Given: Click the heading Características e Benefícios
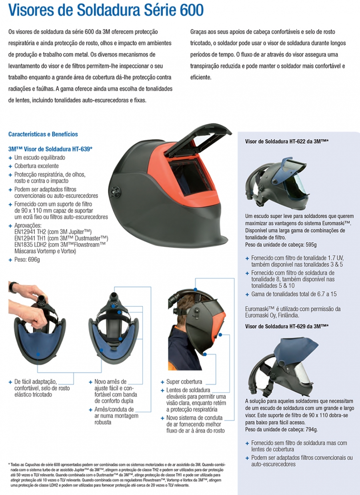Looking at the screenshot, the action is point(43,134).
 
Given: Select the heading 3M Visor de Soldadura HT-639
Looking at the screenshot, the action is point(50,149).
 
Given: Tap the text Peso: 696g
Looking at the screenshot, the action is point(27,259).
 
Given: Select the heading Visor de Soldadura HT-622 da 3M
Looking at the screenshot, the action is point(287,141).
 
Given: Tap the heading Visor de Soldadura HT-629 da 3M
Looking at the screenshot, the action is point(287,326).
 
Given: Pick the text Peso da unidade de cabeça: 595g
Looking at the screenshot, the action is point(281,244).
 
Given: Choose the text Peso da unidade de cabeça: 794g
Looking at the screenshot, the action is point(281,429).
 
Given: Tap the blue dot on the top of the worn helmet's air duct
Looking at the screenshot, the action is point(195,289).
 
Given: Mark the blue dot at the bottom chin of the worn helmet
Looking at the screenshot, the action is point(205,354).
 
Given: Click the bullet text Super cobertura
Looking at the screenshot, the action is point(184,382).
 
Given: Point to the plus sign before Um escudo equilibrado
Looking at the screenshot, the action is point(10,158).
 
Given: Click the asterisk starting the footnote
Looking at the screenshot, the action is point(9,464).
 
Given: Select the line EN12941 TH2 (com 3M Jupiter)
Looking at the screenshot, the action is point(53,232).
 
